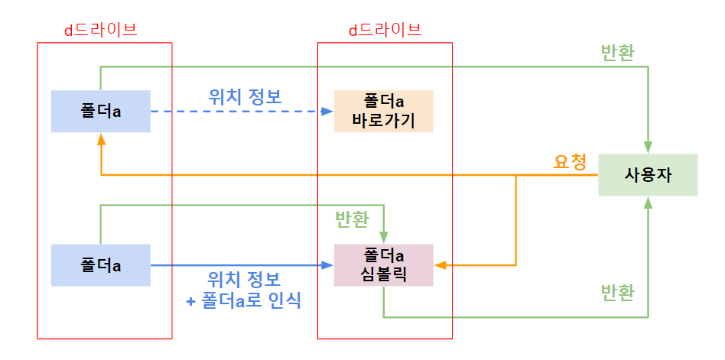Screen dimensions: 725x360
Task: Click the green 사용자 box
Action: pyautogui.click(x=648, y=175)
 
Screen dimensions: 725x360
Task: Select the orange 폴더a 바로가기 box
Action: pyautogui.click(x=383, y=111)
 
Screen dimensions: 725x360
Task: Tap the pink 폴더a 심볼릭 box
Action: pyautogui.click(x=383, y=265)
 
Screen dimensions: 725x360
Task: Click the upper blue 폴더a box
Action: pyautogui.click(x=101, y=111)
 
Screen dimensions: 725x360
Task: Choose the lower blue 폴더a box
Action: pyautogui.click(x=101, y=265)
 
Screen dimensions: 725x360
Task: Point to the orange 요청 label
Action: pyautogui.click(x=570, y=162)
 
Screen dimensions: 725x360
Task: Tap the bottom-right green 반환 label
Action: pyautogui.click(x=618, y=294)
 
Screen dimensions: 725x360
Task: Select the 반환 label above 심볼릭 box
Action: pyautogui.click(x=352, y=219)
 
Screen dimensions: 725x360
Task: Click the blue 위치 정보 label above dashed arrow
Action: pyautogui.click(x=245, y=97)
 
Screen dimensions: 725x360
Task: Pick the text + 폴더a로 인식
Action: pyautogui.click(x=244, y=300)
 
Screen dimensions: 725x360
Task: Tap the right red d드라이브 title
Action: pyautogui.click(x=385, y=31)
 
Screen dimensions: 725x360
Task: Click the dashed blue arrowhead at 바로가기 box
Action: pyautogui.click(x=329, y=112)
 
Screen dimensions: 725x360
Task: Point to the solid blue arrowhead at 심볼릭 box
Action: pyautogui.click(x=329, y=265)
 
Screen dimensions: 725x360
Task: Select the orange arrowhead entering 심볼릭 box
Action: pyautogui.click(x=440, y=265)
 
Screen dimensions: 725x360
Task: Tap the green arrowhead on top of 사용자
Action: pyautogui.click(x=648, y=149)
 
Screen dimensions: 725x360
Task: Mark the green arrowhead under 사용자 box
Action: pyautogui.click(x=648, y=202)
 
